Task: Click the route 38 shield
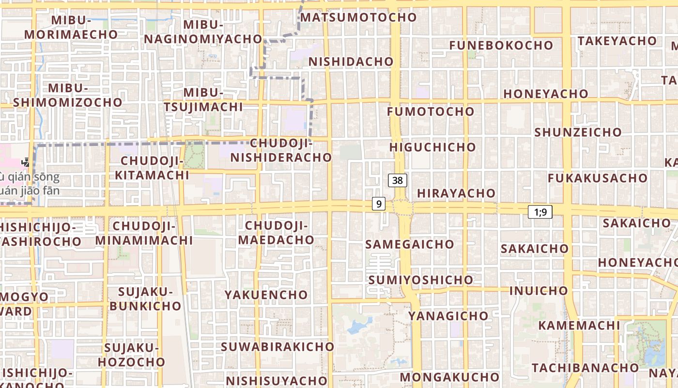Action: pyautogui.click(x=398, y=180)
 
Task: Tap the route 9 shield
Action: pyautogui.click(x=379, y=204)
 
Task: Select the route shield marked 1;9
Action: pyautogui.click(x=540, y=212)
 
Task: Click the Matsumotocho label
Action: pyautogui.click(x=358, y=17)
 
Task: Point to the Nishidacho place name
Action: pyautogui.click(x=351, y=62)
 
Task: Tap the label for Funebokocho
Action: pyautogui.click(x=501, y=45)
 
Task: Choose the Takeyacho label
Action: pyautogui.click(x=616, y=41)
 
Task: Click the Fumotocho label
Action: pyautogui.click(x=431, y=112)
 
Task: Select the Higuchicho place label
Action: pyautogui.click(x=432, y=147)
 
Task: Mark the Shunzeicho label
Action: pyautogui.click(x=578, y=132)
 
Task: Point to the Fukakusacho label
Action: pyautogui.click(x=597, y=178)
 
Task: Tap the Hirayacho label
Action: pyautogui.click(x=456, y=193)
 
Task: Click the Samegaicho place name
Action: pyautogui.click(x=410, y=244)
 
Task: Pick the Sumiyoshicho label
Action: pyautogui.click(x=420, y=280)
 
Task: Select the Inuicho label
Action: pyautogui.click(x=539, y=291)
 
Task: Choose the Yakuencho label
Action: pyautogui.click(x=266, y=295)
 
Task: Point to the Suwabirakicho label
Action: pyautogui.click(x=277, y=347)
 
